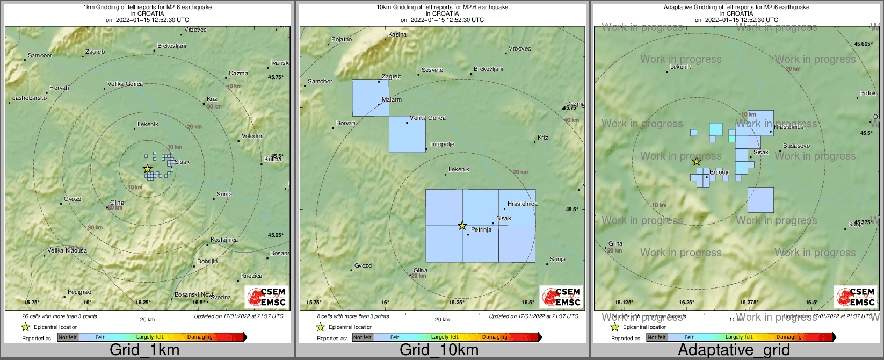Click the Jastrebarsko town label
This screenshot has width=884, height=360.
click(30, 98)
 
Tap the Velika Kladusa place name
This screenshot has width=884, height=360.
click(67, 250)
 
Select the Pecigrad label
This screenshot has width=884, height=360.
click(79, 292)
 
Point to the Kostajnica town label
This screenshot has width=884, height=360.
click(224, 240)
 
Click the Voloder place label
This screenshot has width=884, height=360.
click(252, 136)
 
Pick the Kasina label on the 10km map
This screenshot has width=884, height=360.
click(397, 34)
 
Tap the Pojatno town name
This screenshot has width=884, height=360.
click(342, 39)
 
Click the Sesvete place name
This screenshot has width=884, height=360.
click(432, 70)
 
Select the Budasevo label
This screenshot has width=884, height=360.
click(796, 146)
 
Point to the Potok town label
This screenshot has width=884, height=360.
click(868, 93)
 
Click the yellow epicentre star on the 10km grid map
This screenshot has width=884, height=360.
click(462, 226)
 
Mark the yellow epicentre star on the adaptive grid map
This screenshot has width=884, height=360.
click(696, 161)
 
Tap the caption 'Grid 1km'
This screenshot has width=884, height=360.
click(144, 350)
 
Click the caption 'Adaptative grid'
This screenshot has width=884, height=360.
click(734, 350)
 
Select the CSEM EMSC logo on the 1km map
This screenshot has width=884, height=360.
click(266, 296)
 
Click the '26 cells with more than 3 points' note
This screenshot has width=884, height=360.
click(60, 316)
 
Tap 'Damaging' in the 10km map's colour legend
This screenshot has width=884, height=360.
click(495, 337)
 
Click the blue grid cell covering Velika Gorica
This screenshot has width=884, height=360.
click(407, 134)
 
